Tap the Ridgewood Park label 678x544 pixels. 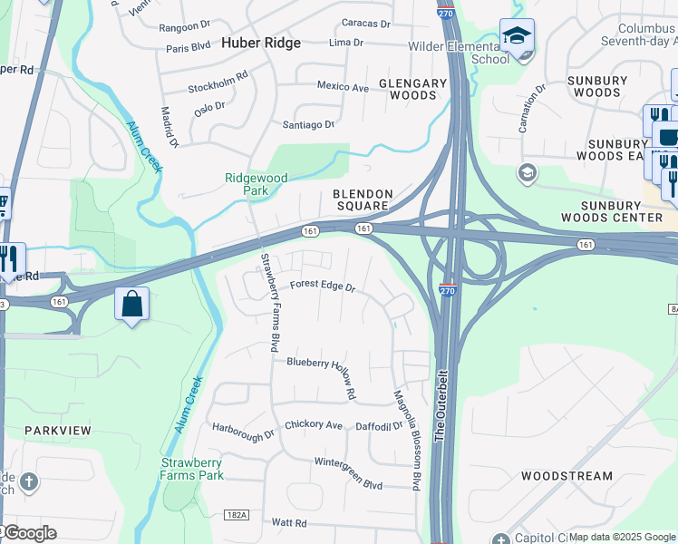[x=257, y=185]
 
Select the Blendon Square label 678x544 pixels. [x=363, y=199]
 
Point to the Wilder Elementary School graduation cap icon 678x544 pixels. [x=517, y=36]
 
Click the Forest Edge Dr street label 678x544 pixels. [x=322, y=286]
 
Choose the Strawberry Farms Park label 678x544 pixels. [x=192, y=469]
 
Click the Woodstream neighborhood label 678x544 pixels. [x=567, y=475]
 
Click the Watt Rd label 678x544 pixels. [x=289, y=523]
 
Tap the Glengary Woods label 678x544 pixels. [x=413, y=89]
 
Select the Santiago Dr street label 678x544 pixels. [x=309, y=124]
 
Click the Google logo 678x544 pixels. [x=30, y=533]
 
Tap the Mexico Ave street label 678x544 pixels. [x=343, y=87]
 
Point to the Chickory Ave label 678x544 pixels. [x=314, y=424]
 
